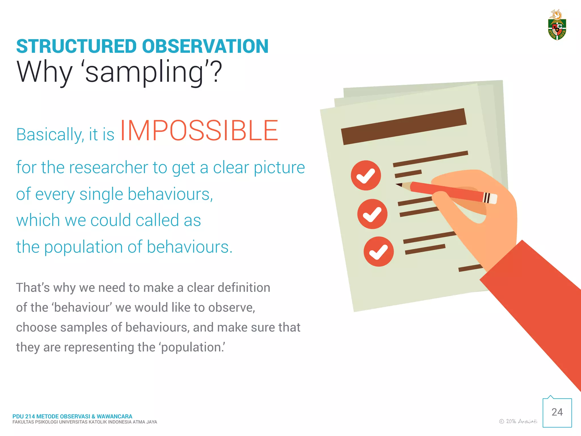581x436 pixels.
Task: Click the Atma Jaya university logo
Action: pos(557,26)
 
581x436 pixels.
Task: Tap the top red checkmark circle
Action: pos(366,175)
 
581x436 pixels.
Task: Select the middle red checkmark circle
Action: pos(372,214)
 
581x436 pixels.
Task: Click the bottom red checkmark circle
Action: pos(378,251)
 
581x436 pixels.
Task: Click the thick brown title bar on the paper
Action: pos(403,127)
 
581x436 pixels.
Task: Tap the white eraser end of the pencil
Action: pos(493,199)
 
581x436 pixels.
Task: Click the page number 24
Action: pos(557,412)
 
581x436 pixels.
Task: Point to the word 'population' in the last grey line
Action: pos(192,347)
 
